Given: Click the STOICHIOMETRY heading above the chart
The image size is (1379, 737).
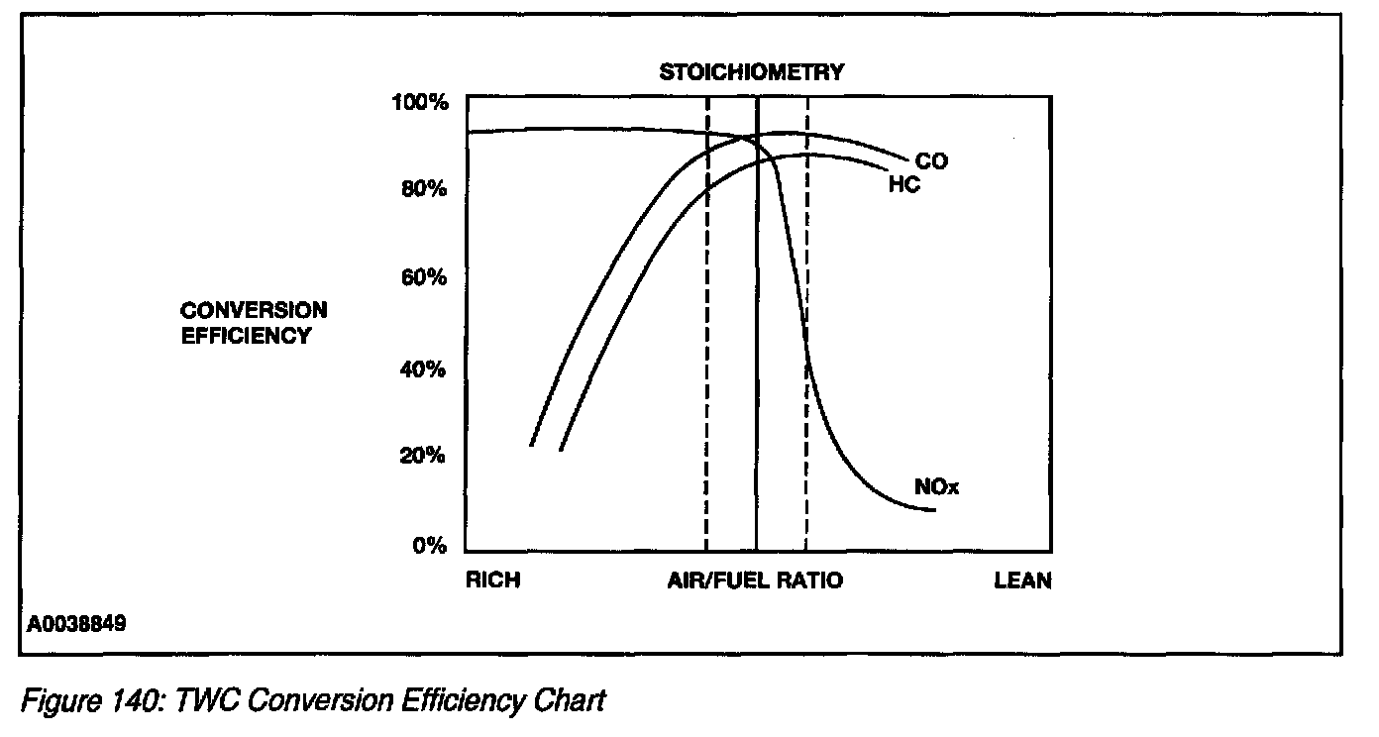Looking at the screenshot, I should (753, 71).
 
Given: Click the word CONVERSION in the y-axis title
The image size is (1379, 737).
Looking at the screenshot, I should (254, 311).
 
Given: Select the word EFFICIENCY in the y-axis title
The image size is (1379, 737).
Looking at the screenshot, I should (246, 336).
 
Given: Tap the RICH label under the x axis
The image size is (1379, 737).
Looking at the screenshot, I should (492, 580).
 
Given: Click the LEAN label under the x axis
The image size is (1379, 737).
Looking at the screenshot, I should (1022, 580).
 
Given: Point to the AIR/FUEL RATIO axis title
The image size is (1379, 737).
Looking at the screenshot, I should (755, 580).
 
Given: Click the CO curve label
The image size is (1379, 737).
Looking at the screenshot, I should (930, 160).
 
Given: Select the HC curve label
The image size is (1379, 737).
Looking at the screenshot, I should (903, 185).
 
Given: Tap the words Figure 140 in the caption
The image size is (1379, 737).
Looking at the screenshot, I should (90, 701).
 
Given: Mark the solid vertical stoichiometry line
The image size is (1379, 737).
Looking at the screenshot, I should (757, 327).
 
